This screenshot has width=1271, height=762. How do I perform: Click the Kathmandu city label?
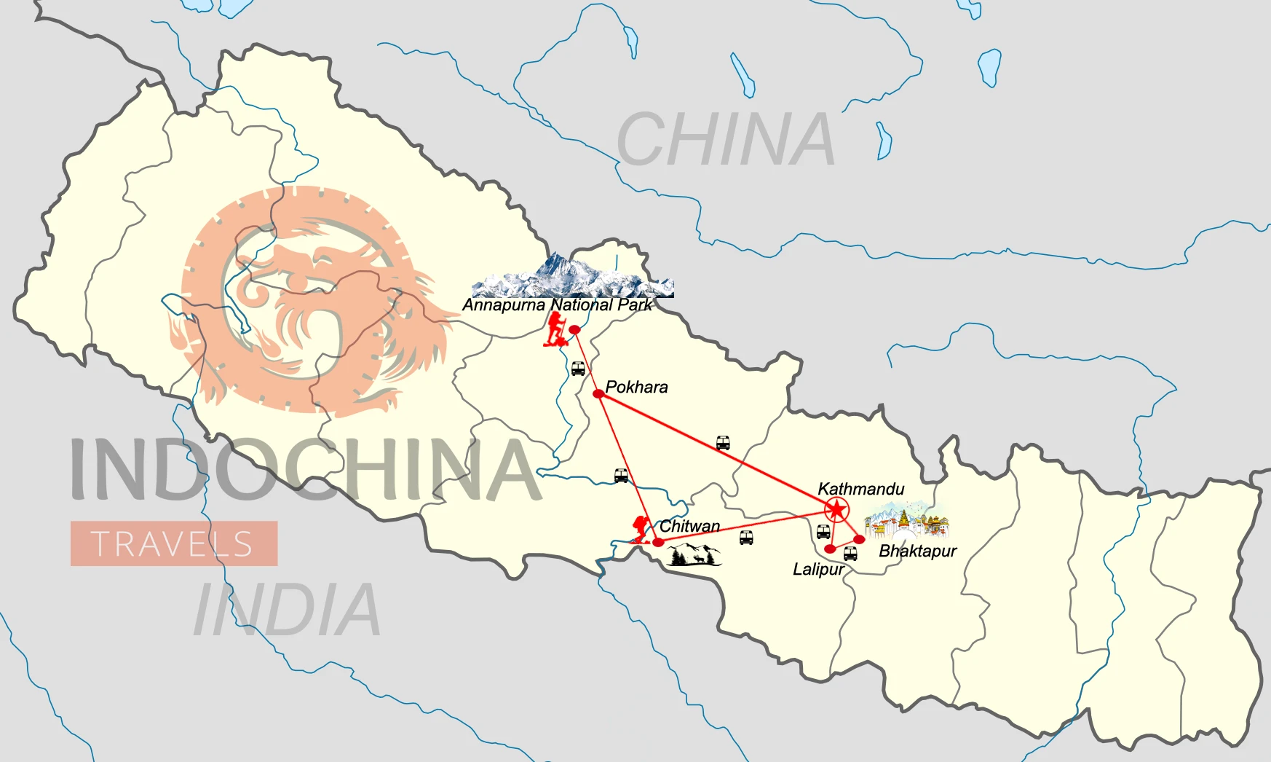(x=860, y=489)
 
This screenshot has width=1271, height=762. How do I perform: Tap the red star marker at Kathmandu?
(x=836, y=509)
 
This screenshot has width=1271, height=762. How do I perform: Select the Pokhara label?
(x=636, y=387)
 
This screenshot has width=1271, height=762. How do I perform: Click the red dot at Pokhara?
(x=598, y=393)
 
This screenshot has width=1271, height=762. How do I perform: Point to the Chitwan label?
(x=689, y=526)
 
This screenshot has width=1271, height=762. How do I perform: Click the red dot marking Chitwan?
(x=658, y=542)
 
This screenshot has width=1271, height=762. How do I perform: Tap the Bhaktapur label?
(x=917, y=551)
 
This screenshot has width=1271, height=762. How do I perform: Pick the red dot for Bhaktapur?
(x=859, y=539)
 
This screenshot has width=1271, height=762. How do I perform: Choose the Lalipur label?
(x=818, y=570)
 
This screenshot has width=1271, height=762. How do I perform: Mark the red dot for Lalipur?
(x=830, y=549)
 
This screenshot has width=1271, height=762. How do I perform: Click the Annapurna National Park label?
(x=558, y=305)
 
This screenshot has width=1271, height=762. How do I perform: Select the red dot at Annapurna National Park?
(x=574, y=330)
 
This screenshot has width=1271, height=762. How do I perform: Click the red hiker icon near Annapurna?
(x=556, y=329)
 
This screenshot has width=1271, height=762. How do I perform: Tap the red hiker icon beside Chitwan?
(x=641, y=530)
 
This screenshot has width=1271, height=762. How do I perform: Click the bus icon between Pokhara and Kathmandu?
(x=723, y=442)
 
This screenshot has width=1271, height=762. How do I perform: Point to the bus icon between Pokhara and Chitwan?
(x=621, y=476)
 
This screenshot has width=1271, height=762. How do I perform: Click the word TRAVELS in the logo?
(x=173, y=544)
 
